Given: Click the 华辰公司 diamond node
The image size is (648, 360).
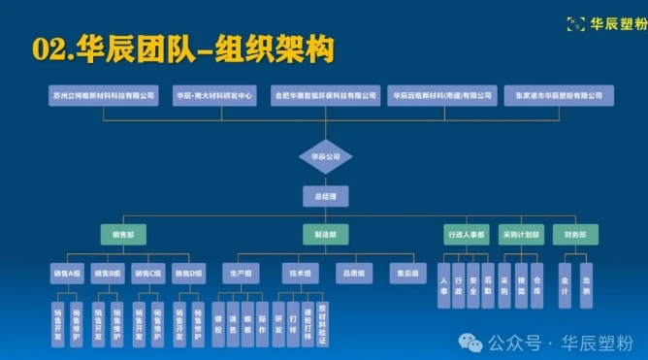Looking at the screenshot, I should (x=325, y=155).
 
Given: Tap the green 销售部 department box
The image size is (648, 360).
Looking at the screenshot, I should (x=122, y=235).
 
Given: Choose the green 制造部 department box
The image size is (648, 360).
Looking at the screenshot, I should (x=324, y=235).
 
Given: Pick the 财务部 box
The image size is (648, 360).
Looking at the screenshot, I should (x=575, y=235).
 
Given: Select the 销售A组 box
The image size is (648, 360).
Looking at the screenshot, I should (x=68, y=275).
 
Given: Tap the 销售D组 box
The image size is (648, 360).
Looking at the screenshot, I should (x=189, y=275).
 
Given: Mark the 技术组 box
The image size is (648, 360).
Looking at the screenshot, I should (x=299, y=275).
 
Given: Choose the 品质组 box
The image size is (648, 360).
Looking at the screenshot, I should (x=354, y=275).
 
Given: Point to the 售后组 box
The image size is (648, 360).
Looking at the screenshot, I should (x=408, y=275).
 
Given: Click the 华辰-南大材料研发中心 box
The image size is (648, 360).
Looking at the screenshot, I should (x=214, y=96).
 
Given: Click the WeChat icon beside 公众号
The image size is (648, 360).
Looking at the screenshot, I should (x=472, y=343).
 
